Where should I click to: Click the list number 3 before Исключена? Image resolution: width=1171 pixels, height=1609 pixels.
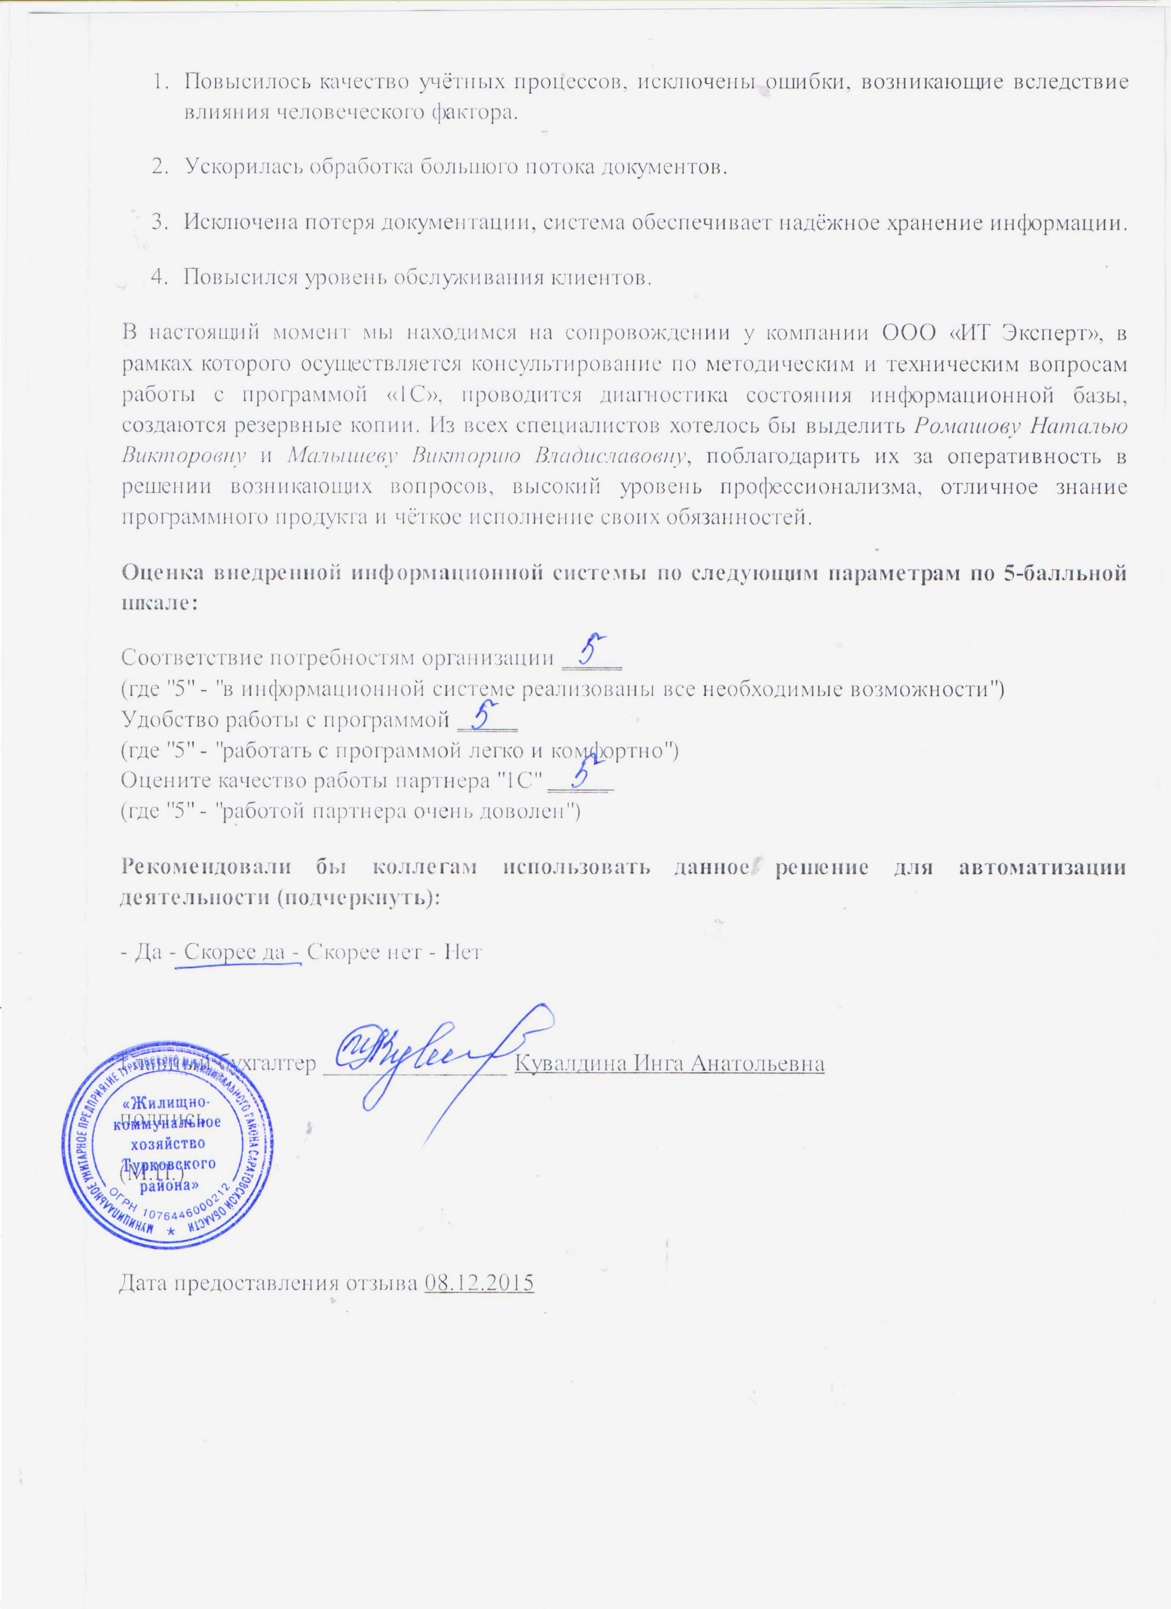(x=158, y=223)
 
